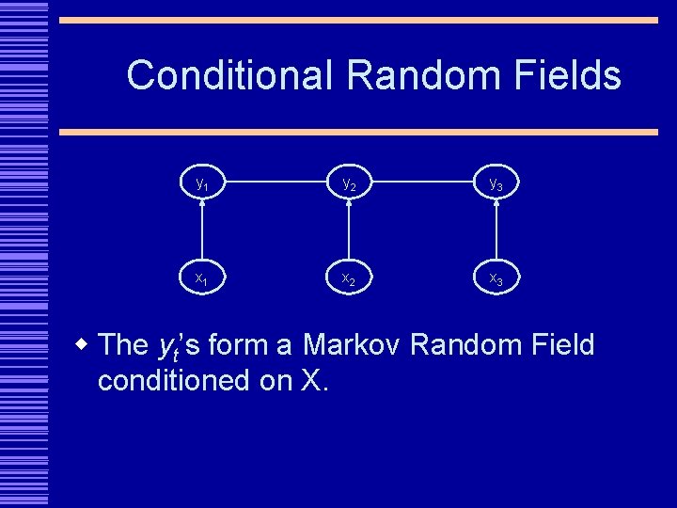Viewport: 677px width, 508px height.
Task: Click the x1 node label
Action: [x=201, y=278]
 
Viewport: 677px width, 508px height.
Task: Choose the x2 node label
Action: [x=348, y=279]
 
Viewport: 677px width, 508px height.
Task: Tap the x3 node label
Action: [x=496, y=279]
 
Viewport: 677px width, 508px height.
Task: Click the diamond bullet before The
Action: [x=83, y=344]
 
